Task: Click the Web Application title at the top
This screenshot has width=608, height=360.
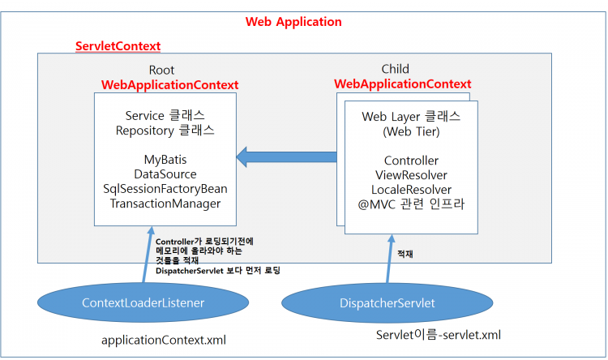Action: [293, 22]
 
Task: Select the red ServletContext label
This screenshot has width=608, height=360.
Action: [118, 46]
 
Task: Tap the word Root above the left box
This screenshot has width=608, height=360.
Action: [161, 71]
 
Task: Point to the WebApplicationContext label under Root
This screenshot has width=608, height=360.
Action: [169, 84]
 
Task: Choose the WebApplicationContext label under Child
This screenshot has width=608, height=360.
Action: [403, 84]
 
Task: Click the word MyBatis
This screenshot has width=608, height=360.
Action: [165, 160]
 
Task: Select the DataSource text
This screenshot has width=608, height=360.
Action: [165, 174]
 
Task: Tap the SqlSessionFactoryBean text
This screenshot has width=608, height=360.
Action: [165, 189]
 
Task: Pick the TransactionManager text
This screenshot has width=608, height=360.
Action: [165, 204]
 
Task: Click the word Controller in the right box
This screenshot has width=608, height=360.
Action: [411, 161]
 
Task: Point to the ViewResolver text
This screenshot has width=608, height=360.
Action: [411, 175]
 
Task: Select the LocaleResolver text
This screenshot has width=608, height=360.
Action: [411, 190]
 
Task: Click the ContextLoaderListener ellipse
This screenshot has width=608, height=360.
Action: [143, 302]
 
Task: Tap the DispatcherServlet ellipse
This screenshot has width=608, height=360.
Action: [383, 302]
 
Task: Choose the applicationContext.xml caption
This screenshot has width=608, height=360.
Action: [163, 340]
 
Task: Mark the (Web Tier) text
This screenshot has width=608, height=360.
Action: [411, 131]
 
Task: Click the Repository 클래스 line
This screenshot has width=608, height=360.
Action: [165, 130]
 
